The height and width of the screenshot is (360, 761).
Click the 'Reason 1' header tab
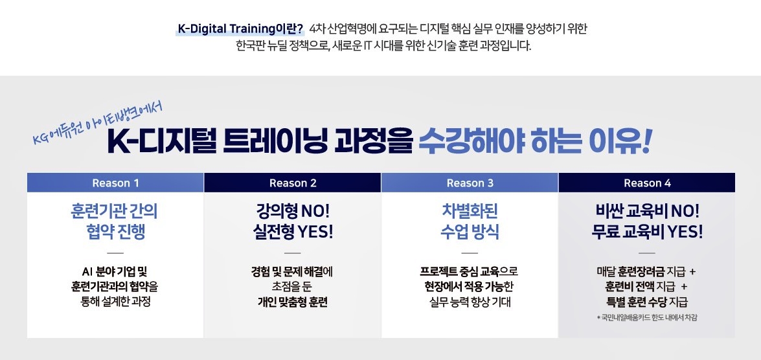115,183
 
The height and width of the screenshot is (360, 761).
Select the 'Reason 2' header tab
293,183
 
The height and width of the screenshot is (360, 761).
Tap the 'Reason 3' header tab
470,183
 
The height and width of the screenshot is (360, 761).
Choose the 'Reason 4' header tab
647,183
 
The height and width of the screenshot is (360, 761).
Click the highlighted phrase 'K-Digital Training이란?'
240,29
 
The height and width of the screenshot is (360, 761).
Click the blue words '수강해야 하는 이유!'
534,141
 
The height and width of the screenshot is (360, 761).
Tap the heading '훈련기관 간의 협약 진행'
115,221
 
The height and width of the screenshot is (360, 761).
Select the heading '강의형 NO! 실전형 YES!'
293,221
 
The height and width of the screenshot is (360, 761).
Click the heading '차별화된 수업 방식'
470,221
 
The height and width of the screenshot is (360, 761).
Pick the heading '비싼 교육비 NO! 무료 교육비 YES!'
647,221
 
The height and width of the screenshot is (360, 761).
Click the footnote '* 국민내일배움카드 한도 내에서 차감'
647,318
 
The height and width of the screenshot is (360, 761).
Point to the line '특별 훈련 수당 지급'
647,302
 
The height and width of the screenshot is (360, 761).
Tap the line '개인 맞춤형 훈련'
293,302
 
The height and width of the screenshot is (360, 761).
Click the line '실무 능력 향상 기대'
470,302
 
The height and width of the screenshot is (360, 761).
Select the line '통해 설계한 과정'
115,301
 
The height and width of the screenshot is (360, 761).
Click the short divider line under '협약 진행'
115,253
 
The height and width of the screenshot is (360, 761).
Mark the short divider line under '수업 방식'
470,253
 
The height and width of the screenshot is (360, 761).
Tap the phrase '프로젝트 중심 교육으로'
469,271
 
